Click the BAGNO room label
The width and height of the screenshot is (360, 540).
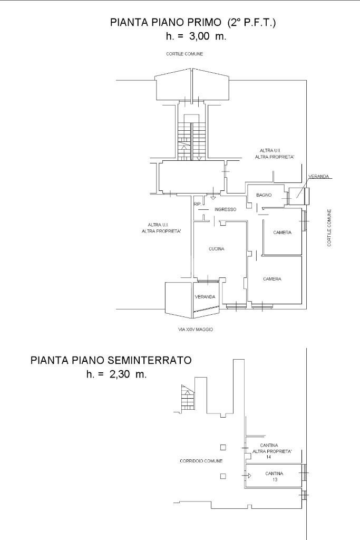[x=264, y=195]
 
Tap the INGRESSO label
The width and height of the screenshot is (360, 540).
[x=225, y=209]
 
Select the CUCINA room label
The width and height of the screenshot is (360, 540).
[x=216, y=249]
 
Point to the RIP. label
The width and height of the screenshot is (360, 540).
[x=197, y=204]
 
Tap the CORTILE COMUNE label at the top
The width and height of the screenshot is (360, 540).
[x=184, y=54]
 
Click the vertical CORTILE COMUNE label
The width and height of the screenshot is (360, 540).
[x=329, y=228]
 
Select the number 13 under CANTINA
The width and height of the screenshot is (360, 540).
[x=275, y=480]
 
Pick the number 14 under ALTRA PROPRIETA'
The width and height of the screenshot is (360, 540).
[x=269, y=457]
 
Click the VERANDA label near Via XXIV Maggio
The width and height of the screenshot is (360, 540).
[x=205, y=296]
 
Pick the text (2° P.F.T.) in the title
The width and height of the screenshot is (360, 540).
[x=252, y=23]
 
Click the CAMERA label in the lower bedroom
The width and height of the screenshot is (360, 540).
[x=272, y=279]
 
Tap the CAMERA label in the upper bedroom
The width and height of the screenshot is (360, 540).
[x=282, y=233]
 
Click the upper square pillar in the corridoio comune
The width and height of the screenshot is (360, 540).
[x=223, y=448]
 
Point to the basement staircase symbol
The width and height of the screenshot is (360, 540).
[x=187, y=398]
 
